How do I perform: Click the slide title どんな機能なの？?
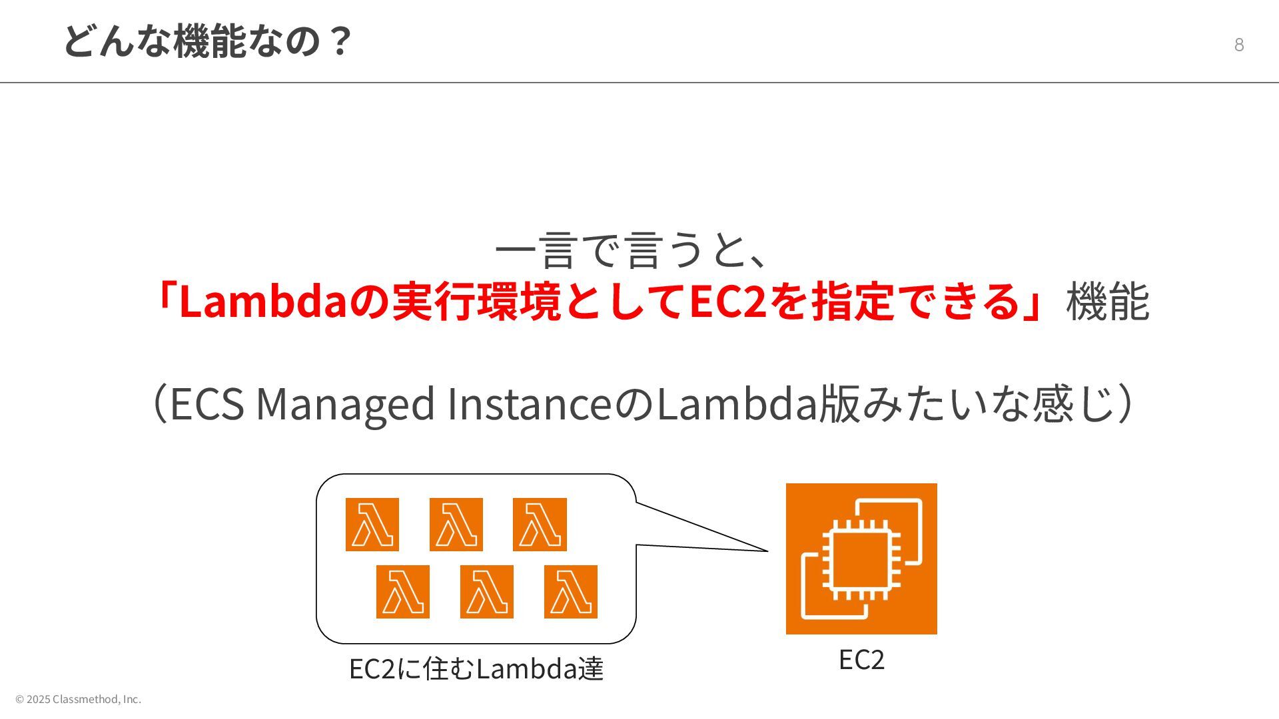coord(207,41)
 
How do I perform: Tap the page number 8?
coord(1239,45)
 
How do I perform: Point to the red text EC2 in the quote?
coord(727,302)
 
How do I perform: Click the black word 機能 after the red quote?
coord(1107,302)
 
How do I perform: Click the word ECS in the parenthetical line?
coord(207,404)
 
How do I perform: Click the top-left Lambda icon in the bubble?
coord(372,525)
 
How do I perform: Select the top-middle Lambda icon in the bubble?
coord(456,525)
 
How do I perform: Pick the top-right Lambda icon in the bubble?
coord(540,525)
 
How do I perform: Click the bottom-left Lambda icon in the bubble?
coord(403,592)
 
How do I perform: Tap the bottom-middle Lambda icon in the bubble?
coord(487,592)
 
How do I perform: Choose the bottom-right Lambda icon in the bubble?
coord(571,592)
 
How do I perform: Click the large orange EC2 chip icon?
coord(861,559)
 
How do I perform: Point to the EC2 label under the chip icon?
coord(861,660)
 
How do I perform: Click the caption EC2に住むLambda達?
coord(476,668)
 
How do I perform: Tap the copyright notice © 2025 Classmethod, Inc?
coord(79,699)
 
